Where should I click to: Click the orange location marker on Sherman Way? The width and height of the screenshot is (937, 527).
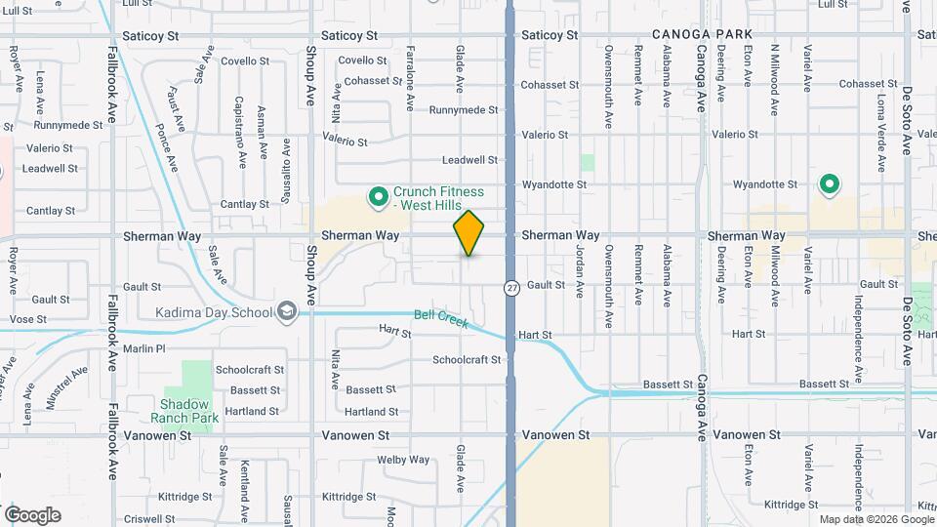pos(468,233)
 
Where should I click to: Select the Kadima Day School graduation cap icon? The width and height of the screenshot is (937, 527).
pos(287,311)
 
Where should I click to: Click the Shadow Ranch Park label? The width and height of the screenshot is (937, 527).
pos(185,411)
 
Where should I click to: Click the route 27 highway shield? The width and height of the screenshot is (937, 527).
pos(510,288)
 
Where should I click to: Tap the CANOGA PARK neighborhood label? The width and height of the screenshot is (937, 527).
pos(703,35)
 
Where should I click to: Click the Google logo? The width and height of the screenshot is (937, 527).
pos(32,515)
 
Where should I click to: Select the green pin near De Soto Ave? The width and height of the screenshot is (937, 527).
pos(830,183)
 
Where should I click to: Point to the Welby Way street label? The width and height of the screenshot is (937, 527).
pos(404,460)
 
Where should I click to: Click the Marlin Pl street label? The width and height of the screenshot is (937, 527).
pos(145,348)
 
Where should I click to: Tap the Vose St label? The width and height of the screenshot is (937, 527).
pos(28,319)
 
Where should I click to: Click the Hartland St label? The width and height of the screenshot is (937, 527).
pos(372,412)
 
